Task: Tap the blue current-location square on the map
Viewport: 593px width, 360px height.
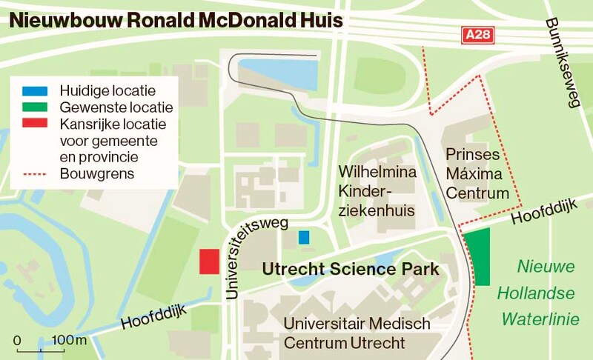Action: [x=303, y=238]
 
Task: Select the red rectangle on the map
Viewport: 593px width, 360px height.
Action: [x=209, y=261]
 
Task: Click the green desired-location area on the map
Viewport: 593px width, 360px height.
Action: [x=480, y=257]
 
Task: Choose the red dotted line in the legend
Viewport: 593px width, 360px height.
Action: [x=34, y=175]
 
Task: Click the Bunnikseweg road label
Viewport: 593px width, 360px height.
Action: [x=562, y=63]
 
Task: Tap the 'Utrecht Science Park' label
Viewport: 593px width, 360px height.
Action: [x=351, y=269]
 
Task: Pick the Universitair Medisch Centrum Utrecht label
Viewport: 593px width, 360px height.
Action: [x=357, y=333]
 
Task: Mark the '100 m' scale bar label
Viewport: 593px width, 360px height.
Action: [x=70, y=340]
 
